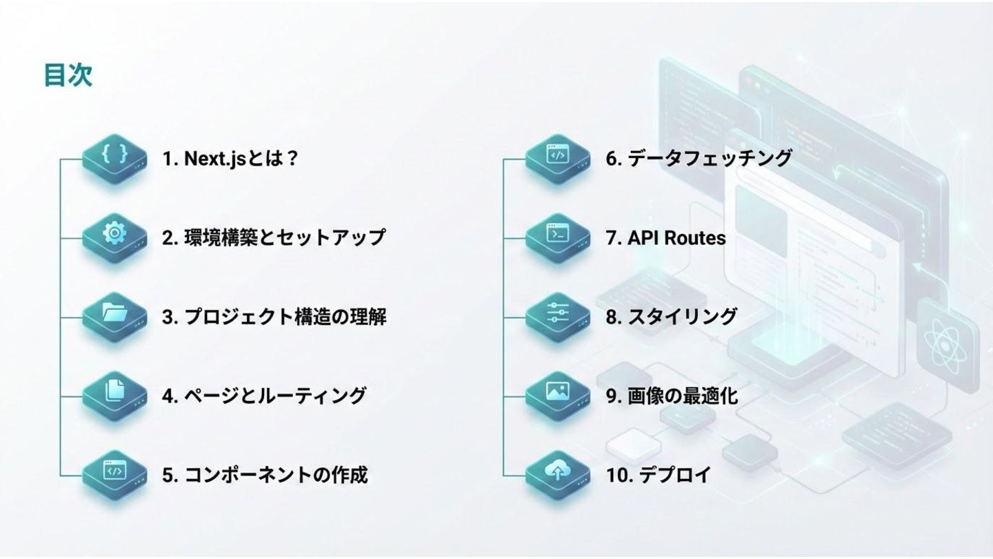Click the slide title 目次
68,75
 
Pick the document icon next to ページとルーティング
114,393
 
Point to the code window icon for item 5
114,471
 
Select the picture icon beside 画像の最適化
557,393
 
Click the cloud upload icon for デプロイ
557,471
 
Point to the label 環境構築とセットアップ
284,237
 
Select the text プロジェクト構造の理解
285,317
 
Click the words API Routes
676,238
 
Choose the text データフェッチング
710,159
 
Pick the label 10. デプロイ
658,475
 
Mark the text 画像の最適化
683,396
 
